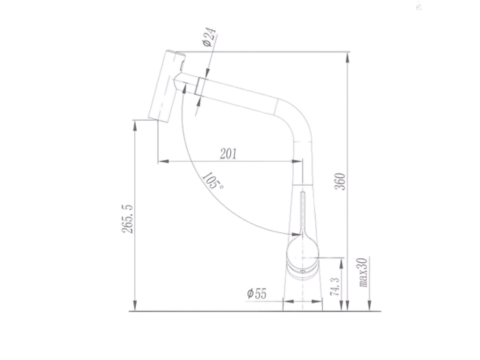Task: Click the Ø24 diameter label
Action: [x=209, y=37]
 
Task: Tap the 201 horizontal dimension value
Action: [x=228, y=154]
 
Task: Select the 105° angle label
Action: [x=213, y=180]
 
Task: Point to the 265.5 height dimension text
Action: [x=128, y=219]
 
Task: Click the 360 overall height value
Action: [x=340, y=181]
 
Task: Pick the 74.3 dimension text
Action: [x=335, y=287]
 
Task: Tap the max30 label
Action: [x=363, y=272]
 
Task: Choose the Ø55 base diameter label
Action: [x=257, y=293]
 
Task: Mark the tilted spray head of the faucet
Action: [x=166, y=86]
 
